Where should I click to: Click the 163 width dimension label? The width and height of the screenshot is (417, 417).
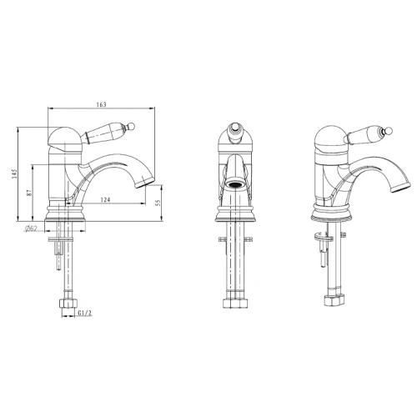click(102, 104)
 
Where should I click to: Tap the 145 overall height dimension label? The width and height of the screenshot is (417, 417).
click(14, 173)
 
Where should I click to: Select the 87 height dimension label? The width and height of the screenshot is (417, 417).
click(29, 193)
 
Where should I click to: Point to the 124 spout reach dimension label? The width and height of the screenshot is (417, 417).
click(105, 199)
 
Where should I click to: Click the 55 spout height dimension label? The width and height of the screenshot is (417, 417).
click(158, 203)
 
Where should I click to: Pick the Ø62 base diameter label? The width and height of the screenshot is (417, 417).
click(31, 229)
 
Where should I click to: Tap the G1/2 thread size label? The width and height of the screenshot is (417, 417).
click(84, 313)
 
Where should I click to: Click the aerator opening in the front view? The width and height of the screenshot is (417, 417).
click(235, 184)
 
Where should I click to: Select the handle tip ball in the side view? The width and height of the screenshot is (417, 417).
click(132, 126)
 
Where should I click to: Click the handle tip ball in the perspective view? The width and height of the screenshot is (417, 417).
click(389, 131)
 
